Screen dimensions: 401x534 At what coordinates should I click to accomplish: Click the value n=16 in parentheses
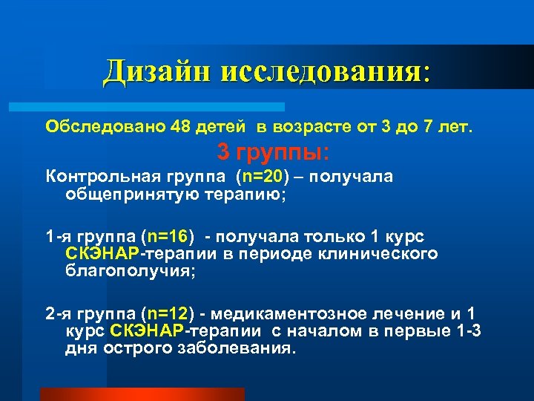(x=170, y=238)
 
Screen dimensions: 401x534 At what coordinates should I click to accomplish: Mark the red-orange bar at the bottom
(x=142, y=394)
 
